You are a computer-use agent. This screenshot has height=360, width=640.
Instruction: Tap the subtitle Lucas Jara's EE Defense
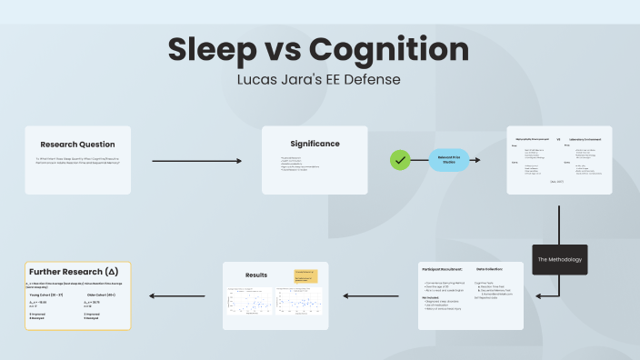tap(318, 79)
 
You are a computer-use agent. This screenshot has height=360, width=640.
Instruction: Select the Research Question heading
tap(77, 144)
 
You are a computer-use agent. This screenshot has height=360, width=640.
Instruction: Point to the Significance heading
tap(315, 144)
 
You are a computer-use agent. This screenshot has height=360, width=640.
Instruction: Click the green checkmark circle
tap(400, 160)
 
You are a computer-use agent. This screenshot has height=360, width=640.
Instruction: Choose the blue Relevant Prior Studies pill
tap(449, 160)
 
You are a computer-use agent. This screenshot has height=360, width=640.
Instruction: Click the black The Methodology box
tap(559, 259)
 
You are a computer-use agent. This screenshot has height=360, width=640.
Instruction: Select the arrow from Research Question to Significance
tap(197, 161)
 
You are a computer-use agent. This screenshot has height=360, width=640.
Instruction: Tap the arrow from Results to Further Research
tap(180, 295)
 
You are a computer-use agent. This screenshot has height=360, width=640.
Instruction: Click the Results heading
tap(257, 275)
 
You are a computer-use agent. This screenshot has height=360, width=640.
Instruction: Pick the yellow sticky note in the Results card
tap(305, 275)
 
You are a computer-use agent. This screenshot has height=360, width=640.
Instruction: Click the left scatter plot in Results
tap(247, 304)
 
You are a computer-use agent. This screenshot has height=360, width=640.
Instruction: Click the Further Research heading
tap(74, 272)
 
